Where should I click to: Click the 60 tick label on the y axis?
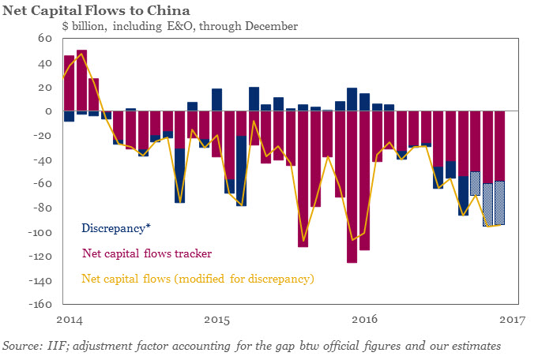coord(45,39)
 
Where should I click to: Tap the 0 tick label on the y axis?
coord(49,112)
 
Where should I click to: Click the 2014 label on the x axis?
coord(70,320)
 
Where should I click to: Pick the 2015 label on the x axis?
coord(217,320)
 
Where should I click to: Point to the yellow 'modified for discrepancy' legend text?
coord(198,279)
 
